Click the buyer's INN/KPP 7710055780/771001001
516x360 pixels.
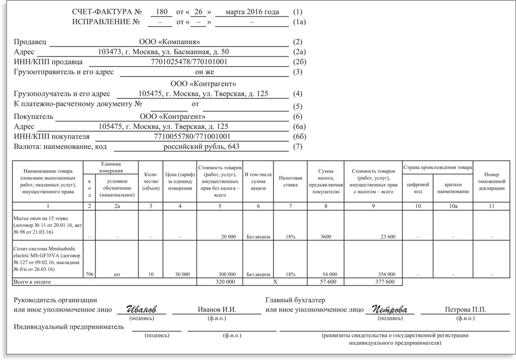click(x=192, y=136)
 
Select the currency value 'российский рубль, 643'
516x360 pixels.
click(x=202, y=147)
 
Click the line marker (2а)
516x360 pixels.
click(x=299, y=52)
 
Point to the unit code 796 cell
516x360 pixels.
click(x=89, y=274)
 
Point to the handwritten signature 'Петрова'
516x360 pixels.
click(x=390, y=309)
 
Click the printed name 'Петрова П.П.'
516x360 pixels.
click(x=465, y=310)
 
